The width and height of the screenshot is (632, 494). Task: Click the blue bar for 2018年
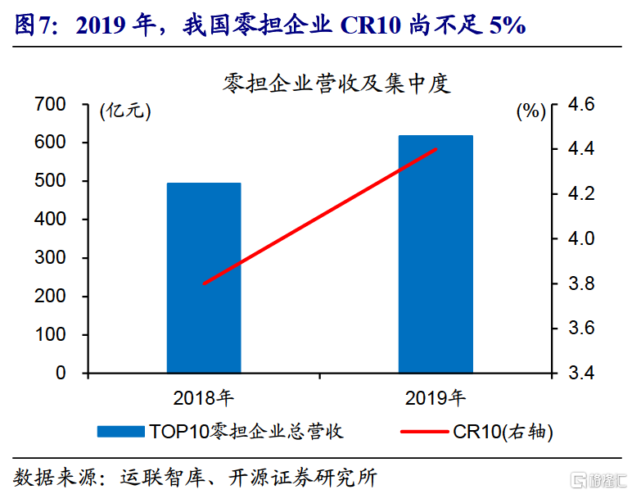[204, 278]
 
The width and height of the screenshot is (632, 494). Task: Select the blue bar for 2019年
[436, 254]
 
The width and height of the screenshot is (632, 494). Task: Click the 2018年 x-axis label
[203, 398]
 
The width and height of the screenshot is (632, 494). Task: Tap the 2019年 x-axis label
[436, 398]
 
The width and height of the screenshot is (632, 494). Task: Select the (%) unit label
[530, 112]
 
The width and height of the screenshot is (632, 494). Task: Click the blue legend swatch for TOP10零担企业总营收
[121, 432]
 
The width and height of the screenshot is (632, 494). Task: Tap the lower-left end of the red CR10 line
[204, 283]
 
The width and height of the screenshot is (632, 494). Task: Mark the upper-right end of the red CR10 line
[436, 149]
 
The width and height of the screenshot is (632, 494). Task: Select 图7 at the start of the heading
[33, 26]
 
